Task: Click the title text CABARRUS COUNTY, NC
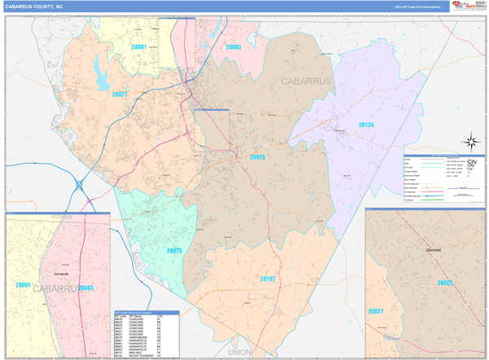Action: pos(37,7)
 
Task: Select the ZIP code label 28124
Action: pos(366,125)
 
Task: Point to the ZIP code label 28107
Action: pos(268,279)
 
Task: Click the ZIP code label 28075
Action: pos(174,251)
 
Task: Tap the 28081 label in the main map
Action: pos(139,47)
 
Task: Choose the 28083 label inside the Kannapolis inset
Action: pos(86,288)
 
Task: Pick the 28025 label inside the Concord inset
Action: pos(445,282)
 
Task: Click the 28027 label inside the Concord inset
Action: pos(376,311)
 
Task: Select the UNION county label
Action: pos(240,352)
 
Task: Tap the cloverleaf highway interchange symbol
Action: pos(80,185)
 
